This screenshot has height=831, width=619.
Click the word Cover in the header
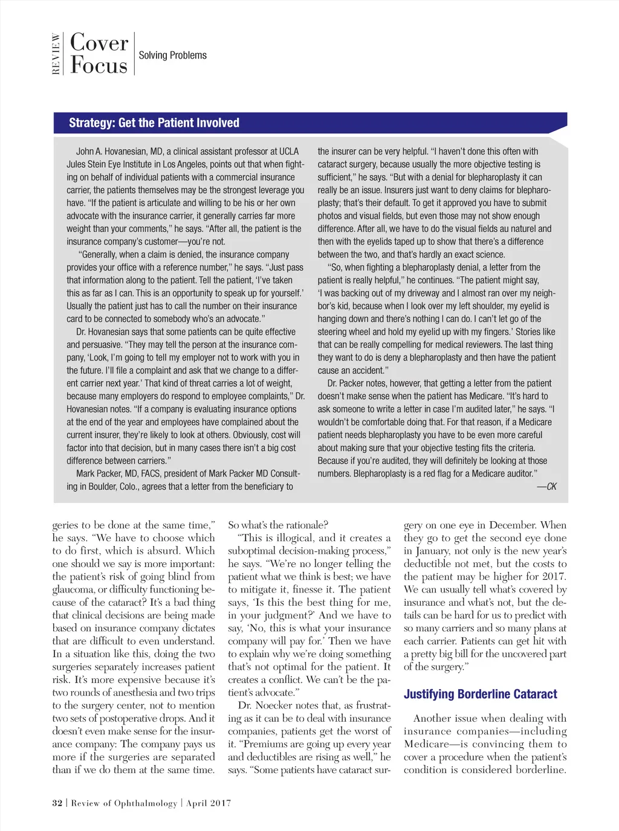tap(99, 43)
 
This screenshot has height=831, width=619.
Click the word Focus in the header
tap(99, 65)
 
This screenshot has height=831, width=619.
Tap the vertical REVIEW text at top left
tap(56, 54)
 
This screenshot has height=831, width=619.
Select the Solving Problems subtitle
tap(172, 56)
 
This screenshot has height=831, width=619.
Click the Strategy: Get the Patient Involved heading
tap(154, 123)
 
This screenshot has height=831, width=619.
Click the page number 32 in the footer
tap(57, 803)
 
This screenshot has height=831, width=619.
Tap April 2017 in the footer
tap(209, 803)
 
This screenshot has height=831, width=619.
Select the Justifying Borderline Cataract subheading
tap(480, 695)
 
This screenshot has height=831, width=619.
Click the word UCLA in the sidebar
tap(289, 152)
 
